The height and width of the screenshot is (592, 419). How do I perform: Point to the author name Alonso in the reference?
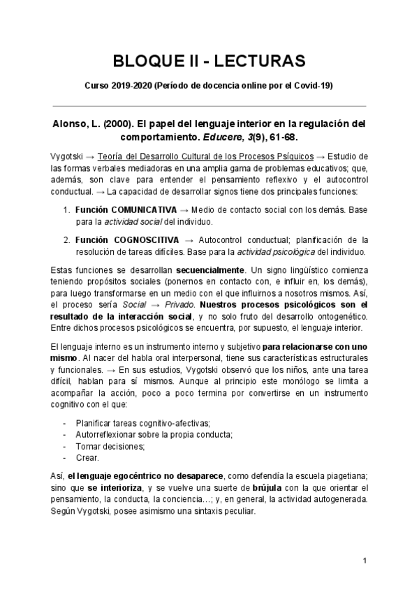click(72, 124)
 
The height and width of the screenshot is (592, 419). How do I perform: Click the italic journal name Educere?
click(210, 136)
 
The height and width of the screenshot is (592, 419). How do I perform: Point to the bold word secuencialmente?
click(210, 269)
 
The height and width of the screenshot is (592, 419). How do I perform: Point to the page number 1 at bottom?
click(365, 561)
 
